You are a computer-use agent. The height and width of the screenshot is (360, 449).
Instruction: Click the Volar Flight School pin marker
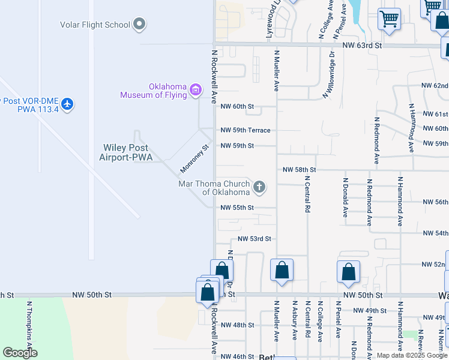click(139, 25)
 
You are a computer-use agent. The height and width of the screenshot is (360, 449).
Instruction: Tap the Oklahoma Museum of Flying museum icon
click(195, 91)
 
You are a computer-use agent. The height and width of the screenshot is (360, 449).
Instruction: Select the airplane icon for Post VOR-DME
click(67, 104)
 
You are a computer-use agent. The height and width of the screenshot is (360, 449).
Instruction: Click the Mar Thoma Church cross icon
click(259, 188)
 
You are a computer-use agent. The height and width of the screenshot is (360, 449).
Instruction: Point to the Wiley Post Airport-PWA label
click(125, 152)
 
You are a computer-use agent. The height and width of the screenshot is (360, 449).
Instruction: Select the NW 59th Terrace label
click(245, 130)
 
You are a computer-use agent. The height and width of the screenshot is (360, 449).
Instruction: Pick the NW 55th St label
click(237, 208)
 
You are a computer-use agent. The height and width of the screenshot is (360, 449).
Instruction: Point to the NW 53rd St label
click(255, 239)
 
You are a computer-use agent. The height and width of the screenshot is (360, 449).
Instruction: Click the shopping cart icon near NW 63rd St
click(390, 19)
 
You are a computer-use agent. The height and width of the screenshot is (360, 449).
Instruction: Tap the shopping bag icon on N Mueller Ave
click(282, 271)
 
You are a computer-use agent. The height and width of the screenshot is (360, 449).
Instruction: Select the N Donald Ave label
click(345, 197)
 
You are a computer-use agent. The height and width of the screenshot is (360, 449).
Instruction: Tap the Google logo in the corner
click(19, 352)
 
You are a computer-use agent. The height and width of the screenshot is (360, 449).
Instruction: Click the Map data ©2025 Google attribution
click(411, 355)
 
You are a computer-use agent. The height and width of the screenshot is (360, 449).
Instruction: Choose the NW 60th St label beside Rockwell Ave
click(237, 107)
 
